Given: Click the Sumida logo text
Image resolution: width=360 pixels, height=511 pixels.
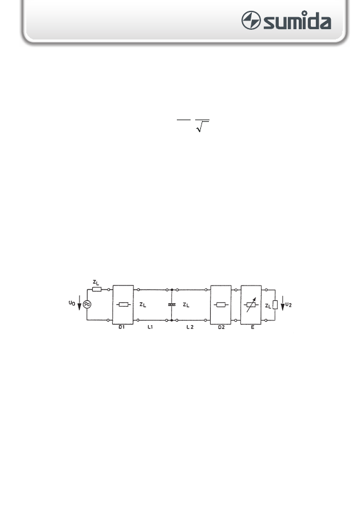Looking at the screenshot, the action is [297, 20].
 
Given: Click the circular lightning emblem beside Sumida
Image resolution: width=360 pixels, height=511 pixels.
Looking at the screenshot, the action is [251, 20].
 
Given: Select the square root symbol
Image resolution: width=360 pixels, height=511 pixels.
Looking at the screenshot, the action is [202, 126].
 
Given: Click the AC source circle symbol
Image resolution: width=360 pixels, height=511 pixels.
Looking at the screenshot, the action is [87, 304].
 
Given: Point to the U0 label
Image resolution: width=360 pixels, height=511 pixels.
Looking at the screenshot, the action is [72, 303].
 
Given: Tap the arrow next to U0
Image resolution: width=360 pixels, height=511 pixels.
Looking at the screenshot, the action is [79, 303].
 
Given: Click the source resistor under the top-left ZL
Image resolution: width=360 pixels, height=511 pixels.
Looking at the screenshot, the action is [97, 290].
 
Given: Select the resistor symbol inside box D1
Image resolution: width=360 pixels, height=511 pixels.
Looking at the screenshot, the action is [123, 304].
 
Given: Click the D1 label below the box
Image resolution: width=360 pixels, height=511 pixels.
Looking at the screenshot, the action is [121, 327].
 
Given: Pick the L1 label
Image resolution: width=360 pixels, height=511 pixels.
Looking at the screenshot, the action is [150, 327].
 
